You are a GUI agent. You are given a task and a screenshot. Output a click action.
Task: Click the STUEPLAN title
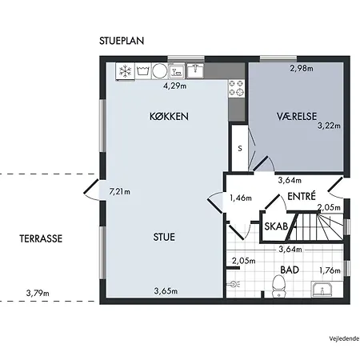pyautogui.click(x=122, y=41)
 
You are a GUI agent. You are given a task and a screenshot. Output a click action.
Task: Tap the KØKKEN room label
pyautogui.click(x=169, y=117)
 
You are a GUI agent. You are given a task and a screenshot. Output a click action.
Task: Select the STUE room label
pyautogui.click(x=164, y=237)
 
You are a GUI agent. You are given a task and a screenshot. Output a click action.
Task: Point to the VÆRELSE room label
pyautogui.click(x=297, y=116)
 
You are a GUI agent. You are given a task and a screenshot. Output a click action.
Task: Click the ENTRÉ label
pyautogui.click(x=302, y=196)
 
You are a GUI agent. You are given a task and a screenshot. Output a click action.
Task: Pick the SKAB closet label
pyautogui.click(x=276, y=226)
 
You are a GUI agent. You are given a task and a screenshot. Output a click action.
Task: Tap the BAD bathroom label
pyautogui.click(x=290, y=270)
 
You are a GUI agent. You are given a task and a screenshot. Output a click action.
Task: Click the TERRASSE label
pyautogui.click(x=41, y=238)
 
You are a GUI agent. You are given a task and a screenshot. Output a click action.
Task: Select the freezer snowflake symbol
pyautogui.click(x=125, y=71)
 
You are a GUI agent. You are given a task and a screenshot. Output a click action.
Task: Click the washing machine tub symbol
pyautogui.click(x=143, y=71)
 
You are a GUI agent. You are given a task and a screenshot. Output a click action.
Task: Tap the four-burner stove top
pyautogui.click(x=237, y=88)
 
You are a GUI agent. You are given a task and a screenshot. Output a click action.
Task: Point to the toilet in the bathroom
pyautogui.click(x=279, y=286)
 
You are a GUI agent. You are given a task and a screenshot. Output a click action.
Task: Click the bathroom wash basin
pyautogui.click(x=322, y=290)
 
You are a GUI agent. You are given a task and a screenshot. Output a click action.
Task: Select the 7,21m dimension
pyautogui.click(x=120, y=191)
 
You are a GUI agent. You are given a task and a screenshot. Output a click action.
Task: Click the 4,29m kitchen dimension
pyautogui.click(x=175, y=86)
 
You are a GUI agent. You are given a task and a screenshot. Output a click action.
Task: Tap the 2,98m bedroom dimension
pyautogui.click(x=302, y=69)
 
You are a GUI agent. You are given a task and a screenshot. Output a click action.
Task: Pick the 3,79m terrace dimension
pyautogui.click(x=38, y=294)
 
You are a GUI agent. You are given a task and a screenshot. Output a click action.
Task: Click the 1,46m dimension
pyautogui.click(x=241, y=198)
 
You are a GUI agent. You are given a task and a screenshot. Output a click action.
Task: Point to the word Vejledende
pyautogui.click(x=344, y=339)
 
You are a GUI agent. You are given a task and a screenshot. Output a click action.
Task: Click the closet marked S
pyautogui.click(x=240, y=148)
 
